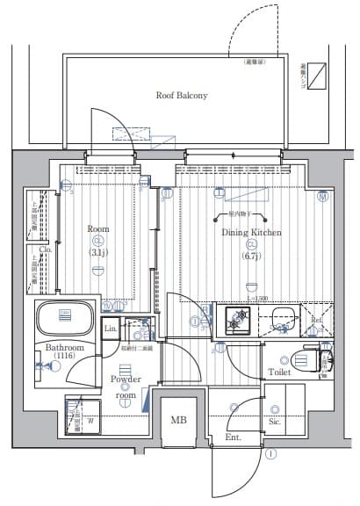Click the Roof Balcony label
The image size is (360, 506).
coord(181,95)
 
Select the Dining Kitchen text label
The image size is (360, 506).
coord(251,232)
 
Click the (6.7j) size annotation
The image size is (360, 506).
coord(251,256)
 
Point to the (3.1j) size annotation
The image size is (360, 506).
coord(97,253)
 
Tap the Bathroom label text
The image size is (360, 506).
coord(64,348)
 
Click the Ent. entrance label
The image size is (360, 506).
coord(233,437)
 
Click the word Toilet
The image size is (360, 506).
coord(279,372)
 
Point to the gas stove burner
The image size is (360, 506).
coord(236,322)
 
